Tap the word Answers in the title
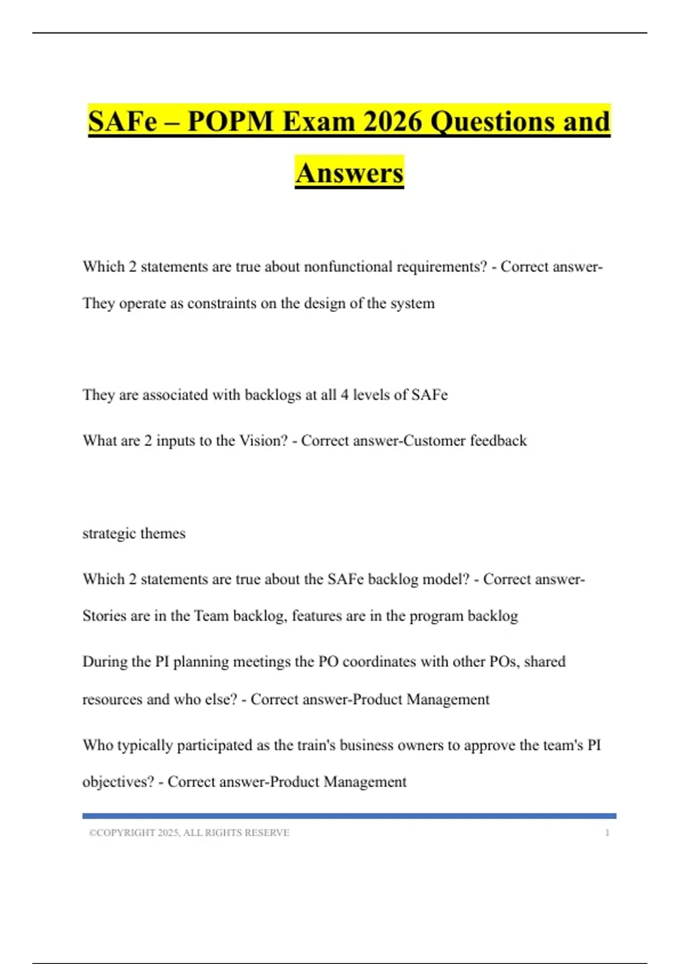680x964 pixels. click(349, 172)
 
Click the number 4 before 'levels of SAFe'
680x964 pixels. click(345, 395)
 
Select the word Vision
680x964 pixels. click(263, 441)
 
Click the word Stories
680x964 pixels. click(105, 616)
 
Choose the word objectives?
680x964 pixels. click(118, 782)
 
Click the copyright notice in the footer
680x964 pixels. click(189, 832)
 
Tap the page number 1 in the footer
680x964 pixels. click(607, 832)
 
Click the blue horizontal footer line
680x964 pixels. click(349, 816)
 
